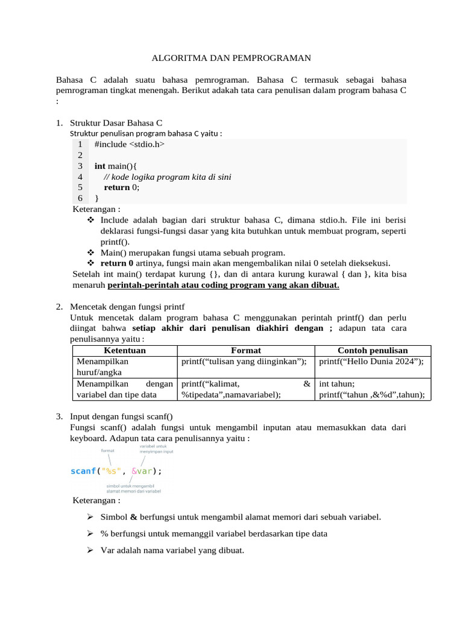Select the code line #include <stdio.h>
click(129, 144)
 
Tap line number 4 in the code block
click(80, 177)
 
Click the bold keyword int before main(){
click(100, 166)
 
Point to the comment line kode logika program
click(167, 177)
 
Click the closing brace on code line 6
click(97, 198)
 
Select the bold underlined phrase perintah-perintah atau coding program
click(227, 285)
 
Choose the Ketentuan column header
click(125, 351)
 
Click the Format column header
click(246, 351)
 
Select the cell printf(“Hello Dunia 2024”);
click(371, 362)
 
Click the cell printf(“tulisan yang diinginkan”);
click(244, 362)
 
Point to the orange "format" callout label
click(108, 450)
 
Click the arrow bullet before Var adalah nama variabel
click(89, 551)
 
